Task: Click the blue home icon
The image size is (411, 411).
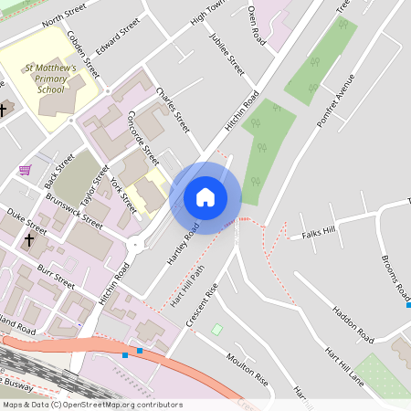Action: pyautogui.click(x=205, y=197)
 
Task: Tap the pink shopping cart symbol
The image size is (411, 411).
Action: pyautogui.click(x=26, y=170)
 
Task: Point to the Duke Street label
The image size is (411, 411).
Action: pyautogui.click(x=26, y=221)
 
